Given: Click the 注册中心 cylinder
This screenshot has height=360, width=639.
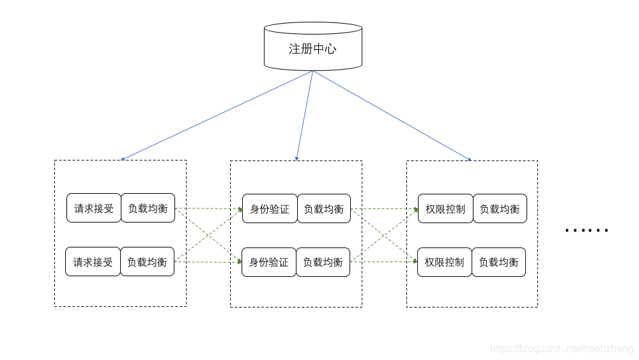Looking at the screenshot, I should (x=313, y=47).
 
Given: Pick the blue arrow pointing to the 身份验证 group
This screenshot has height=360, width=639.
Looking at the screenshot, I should (x=305, y=116).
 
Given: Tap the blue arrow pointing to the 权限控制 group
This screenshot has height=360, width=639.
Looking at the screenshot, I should (x=392, y=116).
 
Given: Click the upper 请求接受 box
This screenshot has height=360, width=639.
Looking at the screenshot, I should (x=94, y=208).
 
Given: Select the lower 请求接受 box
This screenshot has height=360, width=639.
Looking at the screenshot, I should (x=93, y=262).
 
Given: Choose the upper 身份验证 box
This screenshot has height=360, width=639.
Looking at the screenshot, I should (x=270, y=208).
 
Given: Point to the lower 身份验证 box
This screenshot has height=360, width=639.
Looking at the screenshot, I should (x=269, y=262).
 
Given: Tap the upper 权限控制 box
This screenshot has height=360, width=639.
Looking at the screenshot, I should (x=445, y=208).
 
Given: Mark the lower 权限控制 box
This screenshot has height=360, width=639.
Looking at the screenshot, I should (x=445, y=262).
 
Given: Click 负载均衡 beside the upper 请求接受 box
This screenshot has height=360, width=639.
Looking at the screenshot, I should (x=148, y=208).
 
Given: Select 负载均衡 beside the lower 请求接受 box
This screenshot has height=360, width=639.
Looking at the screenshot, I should (x=147, y=262).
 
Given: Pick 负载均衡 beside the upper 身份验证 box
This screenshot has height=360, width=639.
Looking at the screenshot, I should (x=324, y=208).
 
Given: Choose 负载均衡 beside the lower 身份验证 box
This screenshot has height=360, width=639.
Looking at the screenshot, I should (x=323, y=262).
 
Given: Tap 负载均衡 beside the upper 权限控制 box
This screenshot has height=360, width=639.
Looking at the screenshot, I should (x=500, y=208).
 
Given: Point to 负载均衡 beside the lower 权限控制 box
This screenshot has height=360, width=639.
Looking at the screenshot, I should (x=498, y=262).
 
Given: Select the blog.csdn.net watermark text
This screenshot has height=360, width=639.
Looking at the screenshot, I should (x=562, y=348).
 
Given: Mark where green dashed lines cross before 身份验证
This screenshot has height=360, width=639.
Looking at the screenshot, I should (x=209, y=235).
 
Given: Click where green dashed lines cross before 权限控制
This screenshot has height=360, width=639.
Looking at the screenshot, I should (x=385, y=235).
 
